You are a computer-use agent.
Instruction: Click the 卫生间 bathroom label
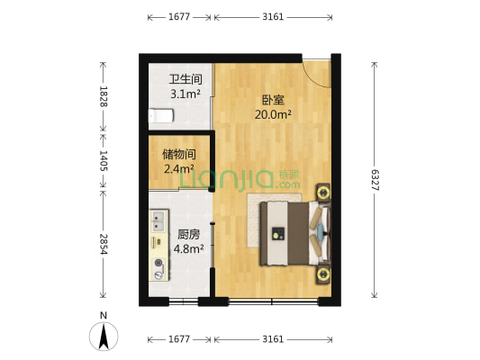coord(185,79)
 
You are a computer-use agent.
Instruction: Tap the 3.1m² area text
coord(185,94)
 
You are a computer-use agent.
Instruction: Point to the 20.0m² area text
coord(272,114)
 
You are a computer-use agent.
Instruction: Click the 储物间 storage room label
coord(179,154)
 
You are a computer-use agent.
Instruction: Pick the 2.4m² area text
coord(179,168)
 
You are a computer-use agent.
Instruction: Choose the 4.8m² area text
coord(188,248)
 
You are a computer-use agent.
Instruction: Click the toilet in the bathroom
coord(160,114)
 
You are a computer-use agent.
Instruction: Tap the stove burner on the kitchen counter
coord(159,264)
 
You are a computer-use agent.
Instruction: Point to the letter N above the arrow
coord(104,315)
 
